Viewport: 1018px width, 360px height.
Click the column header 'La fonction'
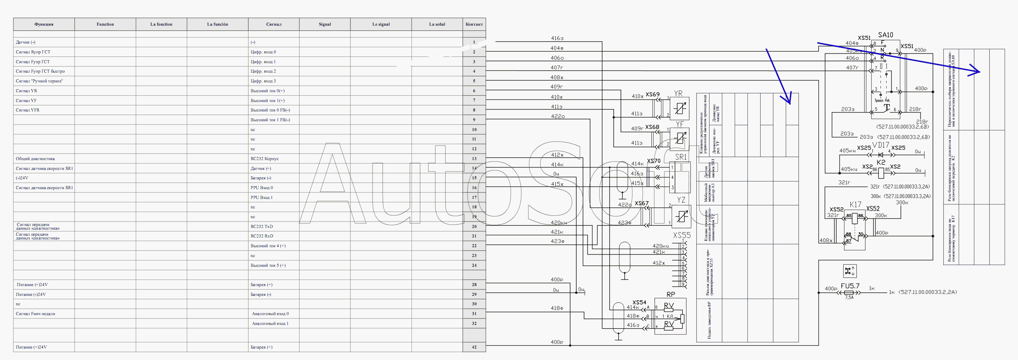coord(161,24)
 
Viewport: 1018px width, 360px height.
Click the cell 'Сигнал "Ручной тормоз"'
coord(39,81)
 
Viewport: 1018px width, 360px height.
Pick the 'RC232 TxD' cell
coord(262,226)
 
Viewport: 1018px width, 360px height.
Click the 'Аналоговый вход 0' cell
coord(270,314)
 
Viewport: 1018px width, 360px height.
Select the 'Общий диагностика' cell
coord(35,158)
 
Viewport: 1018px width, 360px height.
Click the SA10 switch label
coord(885,35)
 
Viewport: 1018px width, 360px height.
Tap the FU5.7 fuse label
coord(850,286)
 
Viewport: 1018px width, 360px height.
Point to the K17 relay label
coord(855,204)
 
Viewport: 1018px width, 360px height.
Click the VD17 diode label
coord(880,145)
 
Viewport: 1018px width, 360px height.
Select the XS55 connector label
coord(682,235)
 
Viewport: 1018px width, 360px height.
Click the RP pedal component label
coord(671,294)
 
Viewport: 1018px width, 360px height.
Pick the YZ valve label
coord(681,200)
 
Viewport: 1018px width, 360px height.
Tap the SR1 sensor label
coord(680,157)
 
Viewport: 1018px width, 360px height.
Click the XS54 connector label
coord(639,302)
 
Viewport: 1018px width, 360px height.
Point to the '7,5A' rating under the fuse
coord(849,298)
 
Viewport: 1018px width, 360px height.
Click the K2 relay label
coord(881,162)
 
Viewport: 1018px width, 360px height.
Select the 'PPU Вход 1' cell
coord(262,197)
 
